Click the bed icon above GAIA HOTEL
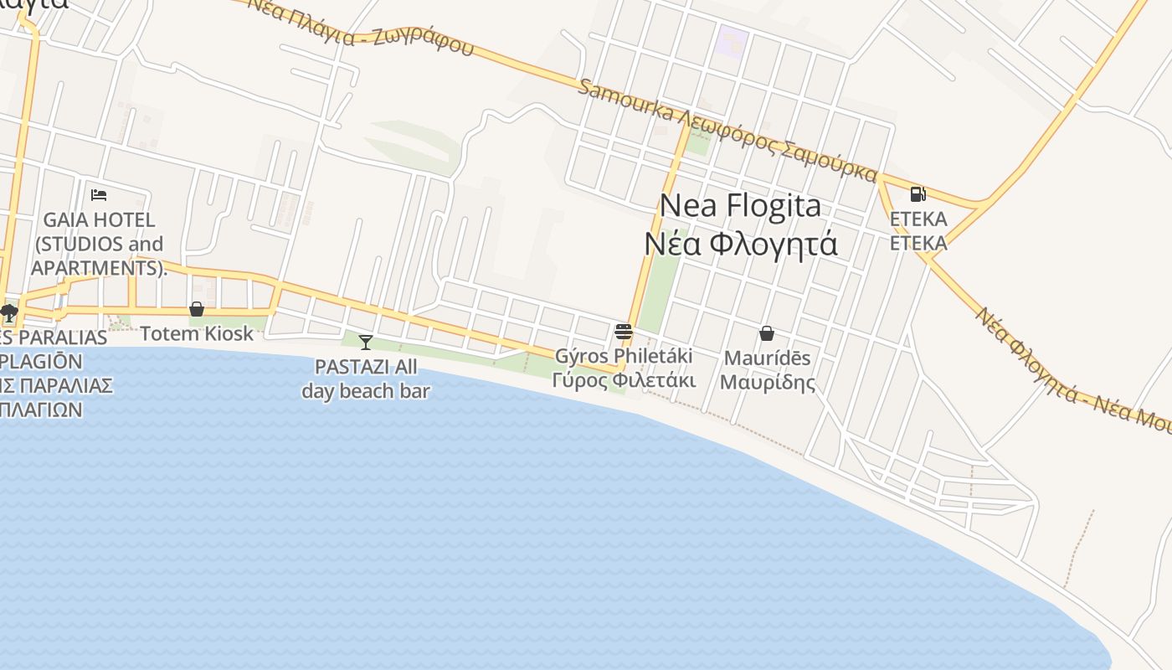point(99,195)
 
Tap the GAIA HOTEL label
point(99,220)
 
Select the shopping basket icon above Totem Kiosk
point(197,309)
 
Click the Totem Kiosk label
point(197,333)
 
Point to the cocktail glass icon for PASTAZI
point(366,342)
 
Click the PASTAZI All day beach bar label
point(366,379)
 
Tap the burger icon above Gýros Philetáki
point(624,332)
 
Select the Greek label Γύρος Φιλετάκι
point(624,379)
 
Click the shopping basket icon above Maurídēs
point(766,333)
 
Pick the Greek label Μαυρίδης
point(767,383)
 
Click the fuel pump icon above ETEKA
point(918,194)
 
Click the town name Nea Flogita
point(740,205)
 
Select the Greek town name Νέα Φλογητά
point(740,244)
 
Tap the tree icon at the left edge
point(9,313)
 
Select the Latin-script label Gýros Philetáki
point(624,356)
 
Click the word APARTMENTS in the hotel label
point(94,268)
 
